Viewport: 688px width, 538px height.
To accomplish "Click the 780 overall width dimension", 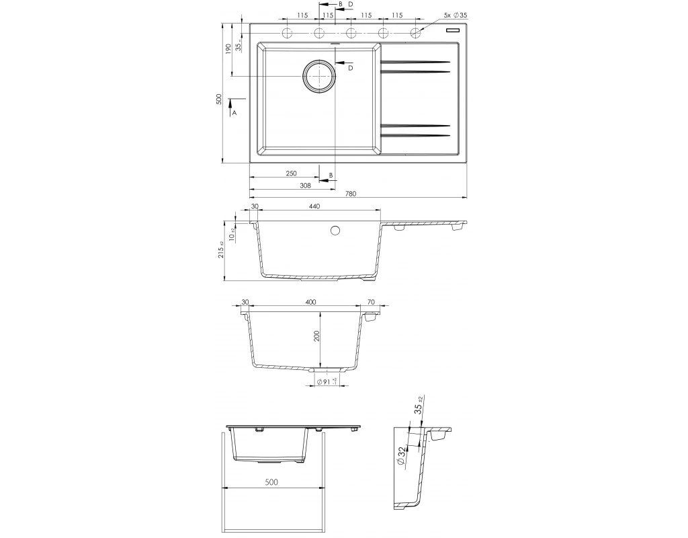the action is [x=351, y=193].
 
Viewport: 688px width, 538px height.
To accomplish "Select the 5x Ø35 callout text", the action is [x=456, y=15].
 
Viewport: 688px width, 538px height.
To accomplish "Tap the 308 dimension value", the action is [x=305, y=186].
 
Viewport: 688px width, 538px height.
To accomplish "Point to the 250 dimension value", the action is [x=292, y=174].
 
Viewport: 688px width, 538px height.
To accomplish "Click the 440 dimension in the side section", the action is [x=314, y=206].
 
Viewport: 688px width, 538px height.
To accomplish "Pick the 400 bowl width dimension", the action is [x=310, y=302].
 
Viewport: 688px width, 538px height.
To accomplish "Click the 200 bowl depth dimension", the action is [x=317, y=336].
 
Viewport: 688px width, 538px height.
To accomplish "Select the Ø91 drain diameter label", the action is [x=327, y=382].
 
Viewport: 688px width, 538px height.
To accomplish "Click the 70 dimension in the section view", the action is [x=371, y=302].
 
